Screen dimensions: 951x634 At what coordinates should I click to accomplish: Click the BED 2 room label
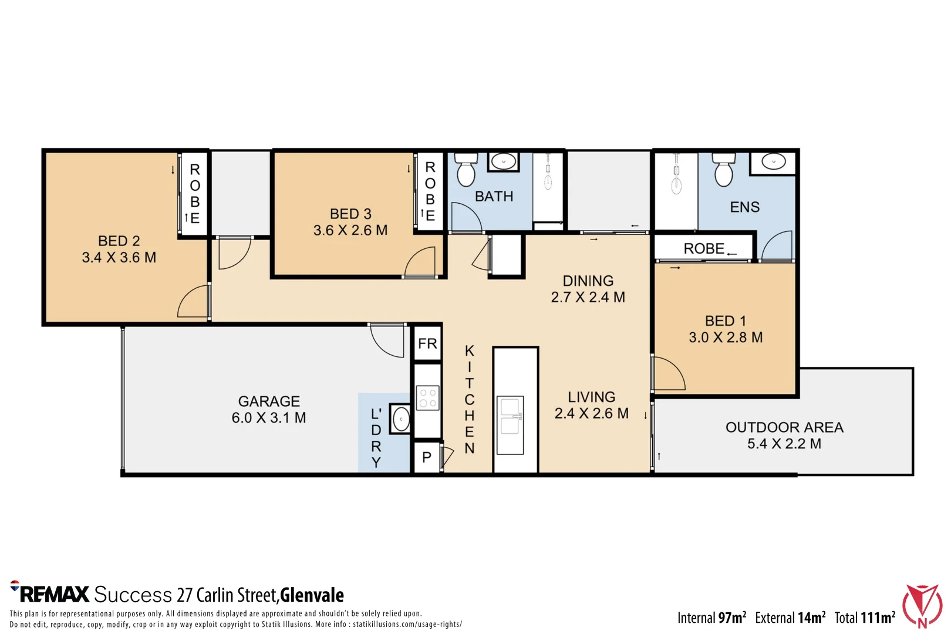119,241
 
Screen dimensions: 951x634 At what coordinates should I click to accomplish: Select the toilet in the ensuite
724,170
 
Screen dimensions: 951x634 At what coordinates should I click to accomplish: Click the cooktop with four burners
427,398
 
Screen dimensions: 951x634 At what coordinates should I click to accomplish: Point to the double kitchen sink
510,425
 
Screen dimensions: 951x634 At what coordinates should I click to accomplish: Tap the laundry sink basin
401,419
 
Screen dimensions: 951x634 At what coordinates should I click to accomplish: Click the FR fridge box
427,343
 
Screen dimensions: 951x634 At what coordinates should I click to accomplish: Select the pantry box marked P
427,457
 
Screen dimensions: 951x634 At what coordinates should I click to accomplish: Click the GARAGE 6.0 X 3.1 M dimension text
269,418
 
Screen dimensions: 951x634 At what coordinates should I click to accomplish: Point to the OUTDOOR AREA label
784,427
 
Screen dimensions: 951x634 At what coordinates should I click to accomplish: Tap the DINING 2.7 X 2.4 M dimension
588,297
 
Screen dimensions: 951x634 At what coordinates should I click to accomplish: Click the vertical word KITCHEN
469,399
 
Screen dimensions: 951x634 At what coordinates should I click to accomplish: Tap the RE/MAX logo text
50,593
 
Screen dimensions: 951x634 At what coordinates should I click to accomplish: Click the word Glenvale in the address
312,595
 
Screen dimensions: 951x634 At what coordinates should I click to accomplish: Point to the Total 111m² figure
865,618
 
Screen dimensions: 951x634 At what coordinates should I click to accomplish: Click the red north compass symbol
922,606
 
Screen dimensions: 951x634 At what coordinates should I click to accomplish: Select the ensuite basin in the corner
773,162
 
